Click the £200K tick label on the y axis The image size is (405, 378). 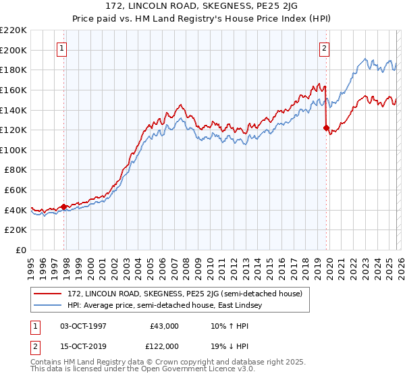tap(13, 50)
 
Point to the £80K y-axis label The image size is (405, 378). tap(16, 170)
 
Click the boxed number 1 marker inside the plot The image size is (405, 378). tap(61, 48)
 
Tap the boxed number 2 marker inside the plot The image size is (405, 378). tap(325, 48)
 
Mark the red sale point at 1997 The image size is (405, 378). tap(64, 207)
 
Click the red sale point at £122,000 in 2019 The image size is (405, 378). tap(326, 128)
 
